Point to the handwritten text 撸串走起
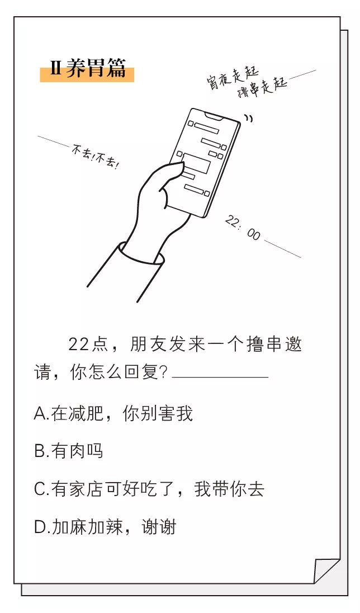pos(262,87)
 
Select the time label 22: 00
pos(243,227)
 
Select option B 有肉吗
pos(69,451)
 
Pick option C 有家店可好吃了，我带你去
pos(149,489)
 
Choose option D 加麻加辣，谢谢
pos(105,526)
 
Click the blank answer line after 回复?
pos(220,376)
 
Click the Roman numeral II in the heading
pos(55,70)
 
